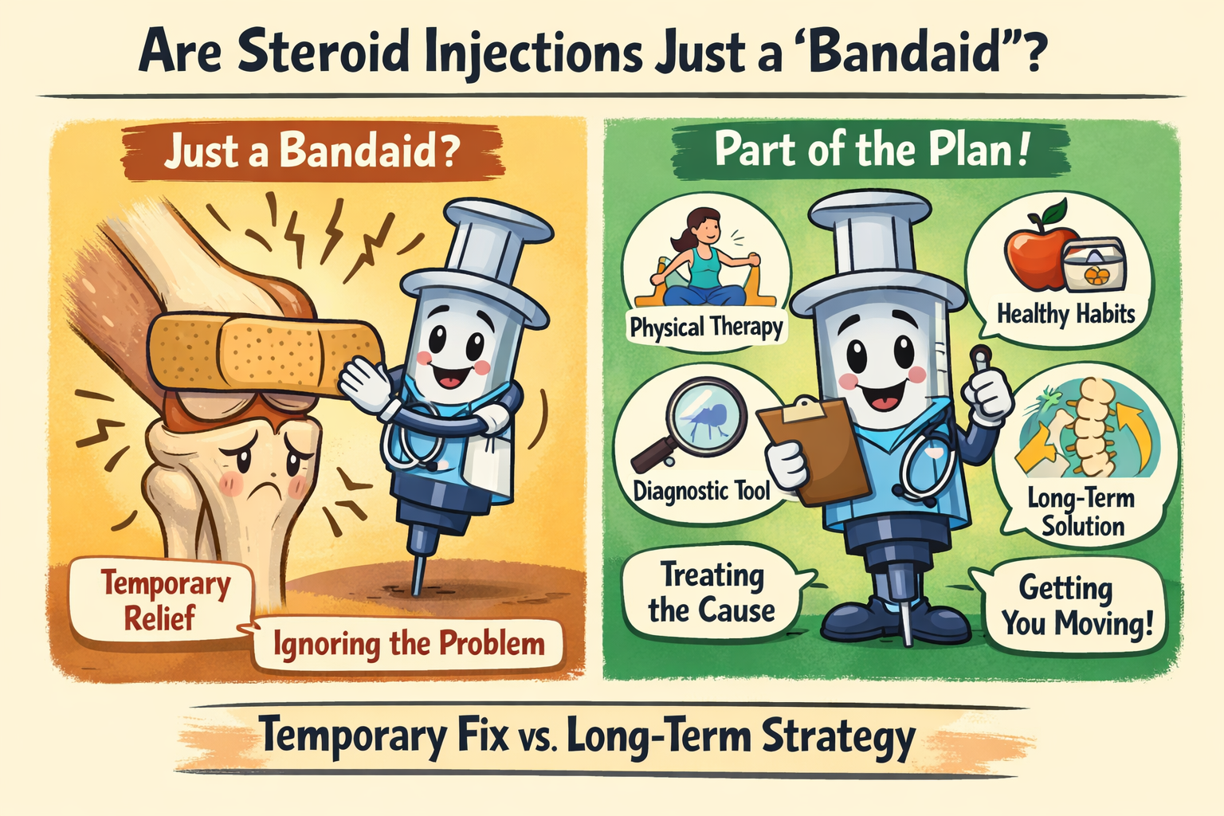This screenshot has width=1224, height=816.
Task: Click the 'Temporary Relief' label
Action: pos(163,600)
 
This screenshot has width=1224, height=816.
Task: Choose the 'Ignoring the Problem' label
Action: pos(409,644)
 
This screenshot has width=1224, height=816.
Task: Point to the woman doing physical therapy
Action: pos(702,255)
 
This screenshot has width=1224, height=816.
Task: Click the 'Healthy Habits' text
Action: pos(1065,314)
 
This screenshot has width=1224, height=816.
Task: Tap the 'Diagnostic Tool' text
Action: pos(702,490)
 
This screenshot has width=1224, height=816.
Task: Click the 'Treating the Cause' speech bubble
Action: pos(712,594)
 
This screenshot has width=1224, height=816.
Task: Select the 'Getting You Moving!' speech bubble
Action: pos(1076,606)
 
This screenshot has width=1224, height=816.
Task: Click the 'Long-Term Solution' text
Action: pos(1081,512)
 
